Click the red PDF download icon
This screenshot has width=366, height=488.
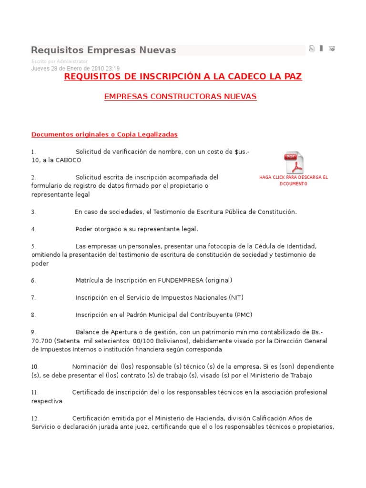294,163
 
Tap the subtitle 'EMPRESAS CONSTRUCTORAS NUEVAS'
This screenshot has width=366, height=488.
180,97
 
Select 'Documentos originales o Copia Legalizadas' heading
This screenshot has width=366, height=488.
104,134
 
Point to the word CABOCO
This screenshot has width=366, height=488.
69,160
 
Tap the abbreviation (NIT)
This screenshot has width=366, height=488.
235,297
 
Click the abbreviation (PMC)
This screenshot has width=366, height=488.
244,315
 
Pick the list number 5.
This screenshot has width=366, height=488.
33,246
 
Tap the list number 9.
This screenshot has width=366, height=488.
33,332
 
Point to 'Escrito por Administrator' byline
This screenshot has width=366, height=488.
59,61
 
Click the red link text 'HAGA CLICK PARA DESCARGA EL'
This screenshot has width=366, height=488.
294,177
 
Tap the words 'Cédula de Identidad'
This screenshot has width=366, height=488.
286,246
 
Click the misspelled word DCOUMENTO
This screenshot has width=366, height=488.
294,184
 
